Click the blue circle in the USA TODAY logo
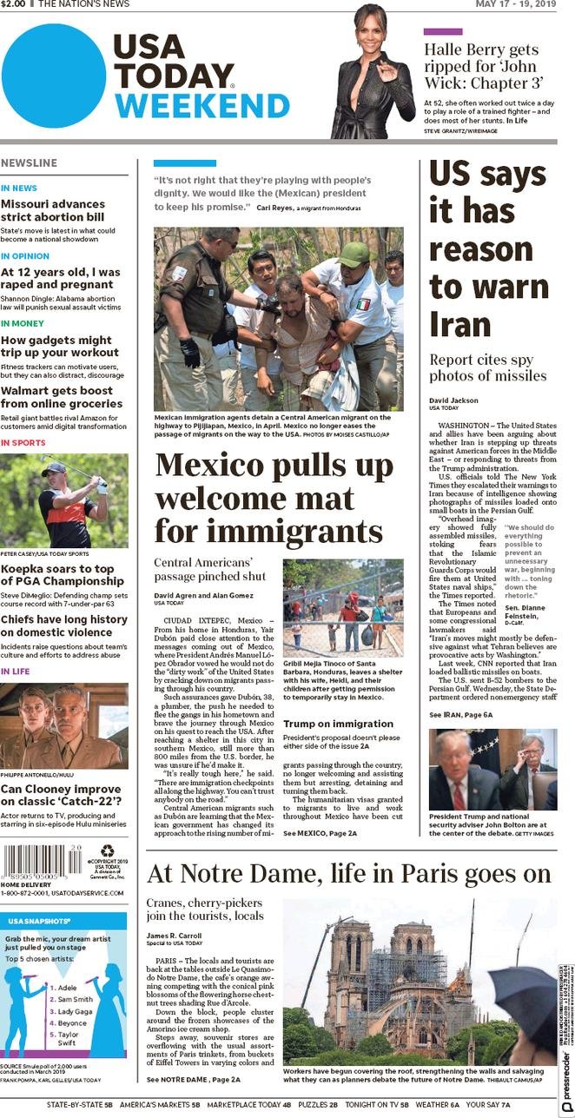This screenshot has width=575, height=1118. tap(54, 76)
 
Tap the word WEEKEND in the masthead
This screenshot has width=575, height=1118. tap(202, 106)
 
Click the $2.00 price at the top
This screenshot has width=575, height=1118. tap(13, 4)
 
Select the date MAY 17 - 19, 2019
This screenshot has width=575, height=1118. tap(515, 4)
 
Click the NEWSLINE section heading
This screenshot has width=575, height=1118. tap(30, 163)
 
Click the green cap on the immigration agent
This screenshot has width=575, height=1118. tap(354, 254)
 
